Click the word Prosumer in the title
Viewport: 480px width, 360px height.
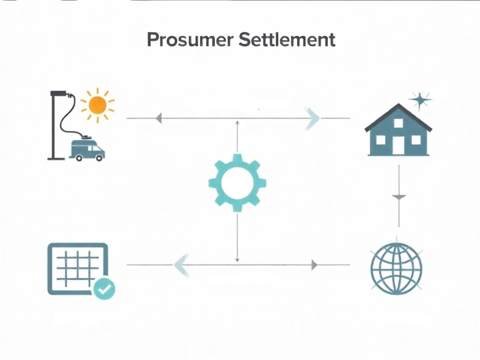click(190, 40)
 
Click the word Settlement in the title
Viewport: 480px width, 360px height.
click(287, 39)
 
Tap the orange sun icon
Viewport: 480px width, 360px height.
click(97, 105)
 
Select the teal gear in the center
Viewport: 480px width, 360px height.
click(237, 183)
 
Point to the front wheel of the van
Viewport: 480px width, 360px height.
click(99, 158)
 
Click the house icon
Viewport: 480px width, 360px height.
click(398, 130)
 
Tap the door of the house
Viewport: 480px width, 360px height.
click(398, 145)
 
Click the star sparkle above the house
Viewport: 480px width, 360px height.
click(420, 100)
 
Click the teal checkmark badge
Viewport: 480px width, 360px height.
click(104, 288)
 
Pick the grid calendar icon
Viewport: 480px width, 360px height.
click(78, 269)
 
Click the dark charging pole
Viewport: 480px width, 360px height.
click(54, 125)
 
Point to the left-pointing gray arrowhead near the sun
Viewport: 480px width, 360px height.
click(159, 118)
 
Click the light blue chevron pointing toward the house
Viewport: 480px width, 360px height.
click(312, 119)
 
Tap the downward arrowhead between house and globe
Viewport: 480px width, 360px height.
click(399, 197)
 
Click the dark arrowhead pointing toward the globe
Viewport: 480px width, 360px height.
click(315, 265)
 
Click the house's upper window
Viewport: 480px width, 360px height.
click(398, 123)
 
